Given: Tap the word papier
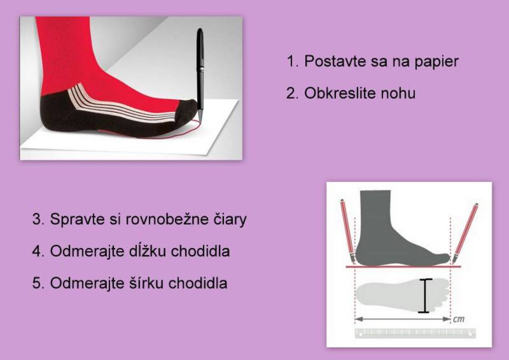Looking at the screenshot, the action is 437,62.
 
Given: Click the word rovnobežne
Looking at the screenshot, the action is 167,219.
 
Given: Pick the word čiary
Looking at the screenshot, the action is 230,220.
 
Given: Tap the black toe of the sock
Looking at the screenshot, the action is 187,111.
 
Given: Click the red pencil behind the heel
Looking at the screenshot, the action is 348,232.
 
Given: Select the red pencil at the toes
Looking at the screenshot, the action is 465,234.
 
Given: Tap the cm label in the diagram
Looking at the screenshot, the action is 458,319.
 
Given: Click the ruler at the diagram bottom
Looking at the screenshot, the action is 415,333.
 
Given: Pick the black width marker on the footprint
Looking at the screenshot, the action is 425,296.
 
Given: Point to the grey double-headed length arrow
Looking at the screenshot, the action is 402,319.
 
